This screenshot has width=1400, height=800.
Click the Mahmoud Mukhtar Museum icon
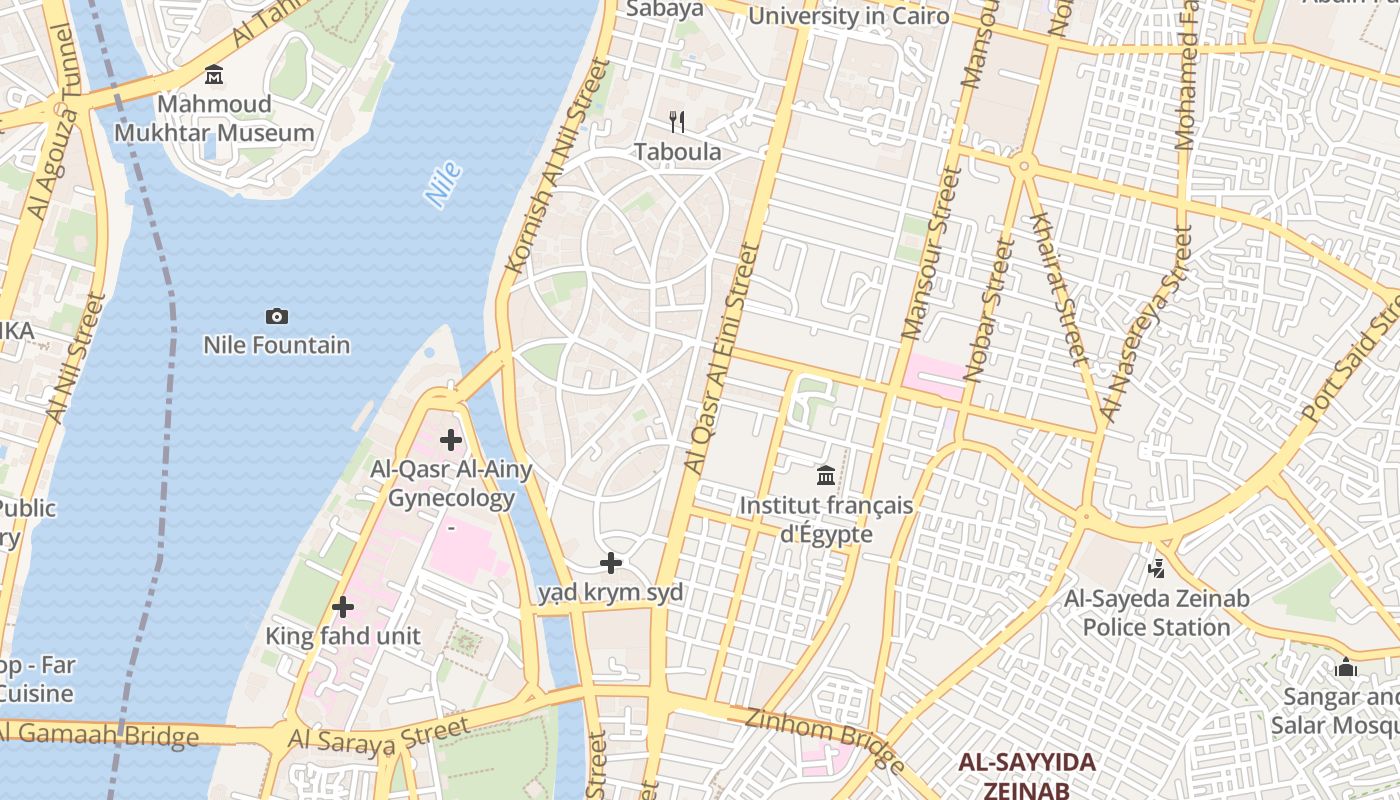pyautogui.click(x=214, y=75)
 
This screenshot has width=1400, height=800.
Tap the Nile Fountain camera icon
pyautogui.click(x=277, y=317)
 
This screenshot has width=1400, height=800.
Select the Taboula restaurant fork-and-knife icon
pyautogui.click(x=677, y=122)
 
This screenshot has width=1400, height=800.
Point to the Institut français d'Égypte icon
pyautogui.click(x=826, y=476)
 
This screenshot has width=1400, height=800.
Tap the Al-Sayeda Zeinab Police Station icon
pyautogui.click(x=1157, y=569)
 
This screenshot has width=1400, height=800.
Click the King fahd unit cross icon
pyautogui.click(x=343, y=607)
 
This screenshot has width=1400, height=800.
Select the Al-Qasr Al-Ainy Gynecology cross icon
pyautogui.click(x=451, y=440)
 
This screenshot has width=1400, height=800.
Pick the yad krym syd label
pyautogui.click(x=611, y=592)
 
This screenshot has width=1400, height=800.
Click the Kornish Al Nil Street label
pyautogui.click(x=558, y=166)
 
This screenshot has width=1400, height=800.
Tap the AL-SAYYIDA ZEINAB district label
pyautogui.click(x=1026, y=776)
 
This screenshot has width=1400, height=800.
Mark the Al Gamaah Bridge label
pyautogui.click(x=100, y=734)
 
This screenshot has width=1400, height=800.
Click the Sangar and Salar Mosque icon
pyautogui.click(x=1346, y=667)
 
